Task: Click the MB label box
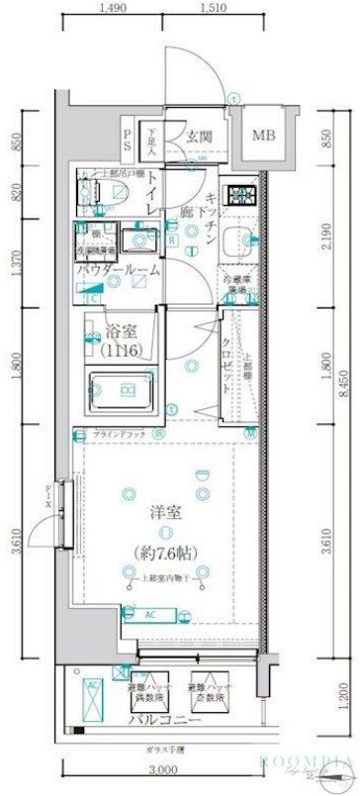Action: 262,135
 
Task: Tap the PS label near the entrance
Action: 129,136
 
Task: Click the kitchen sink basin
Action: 237,238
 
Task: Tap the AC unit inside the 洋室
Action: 152,614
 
